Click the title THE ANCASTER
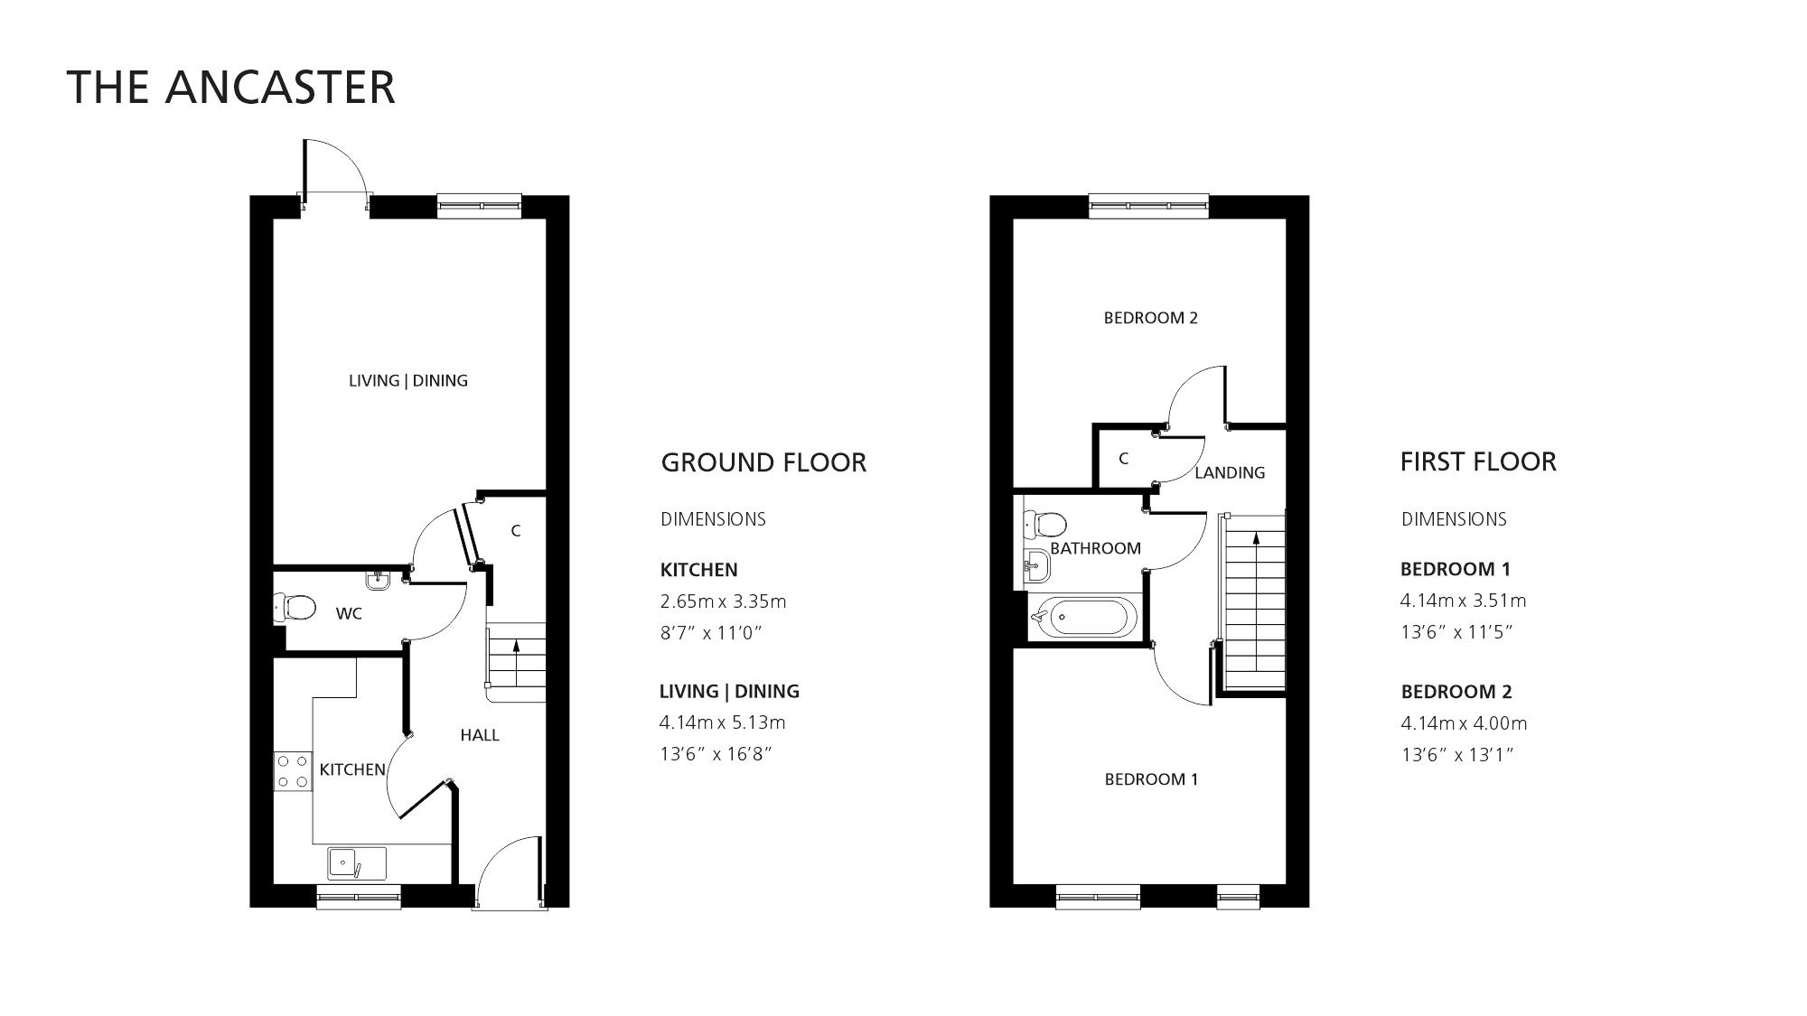point(231,88)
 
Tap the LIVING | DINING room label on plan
point(408,380)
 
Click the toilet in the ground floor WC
point(295,608)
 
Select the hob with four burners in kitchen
point(293,771)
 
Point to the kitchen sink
point(356,862)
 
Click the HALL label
point(480,735)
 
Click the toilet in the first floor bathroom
point(1045,523)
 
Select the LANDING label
point(1230,472)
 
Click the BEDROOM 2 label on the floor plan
point(1150,318)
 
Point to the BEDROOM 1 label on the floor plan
point(1151,779)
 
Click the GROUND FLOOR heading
point(763,462)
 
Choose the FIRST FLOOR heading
point(1478,461)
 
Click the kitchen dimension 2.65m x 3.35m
point(723,601)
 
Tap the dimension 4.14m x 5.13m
point(723,722)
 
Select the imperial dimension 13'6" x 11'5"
point(1456,632)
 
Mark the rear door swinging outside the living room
point(334,172)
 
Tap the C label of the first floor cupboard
point(1123,459)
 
